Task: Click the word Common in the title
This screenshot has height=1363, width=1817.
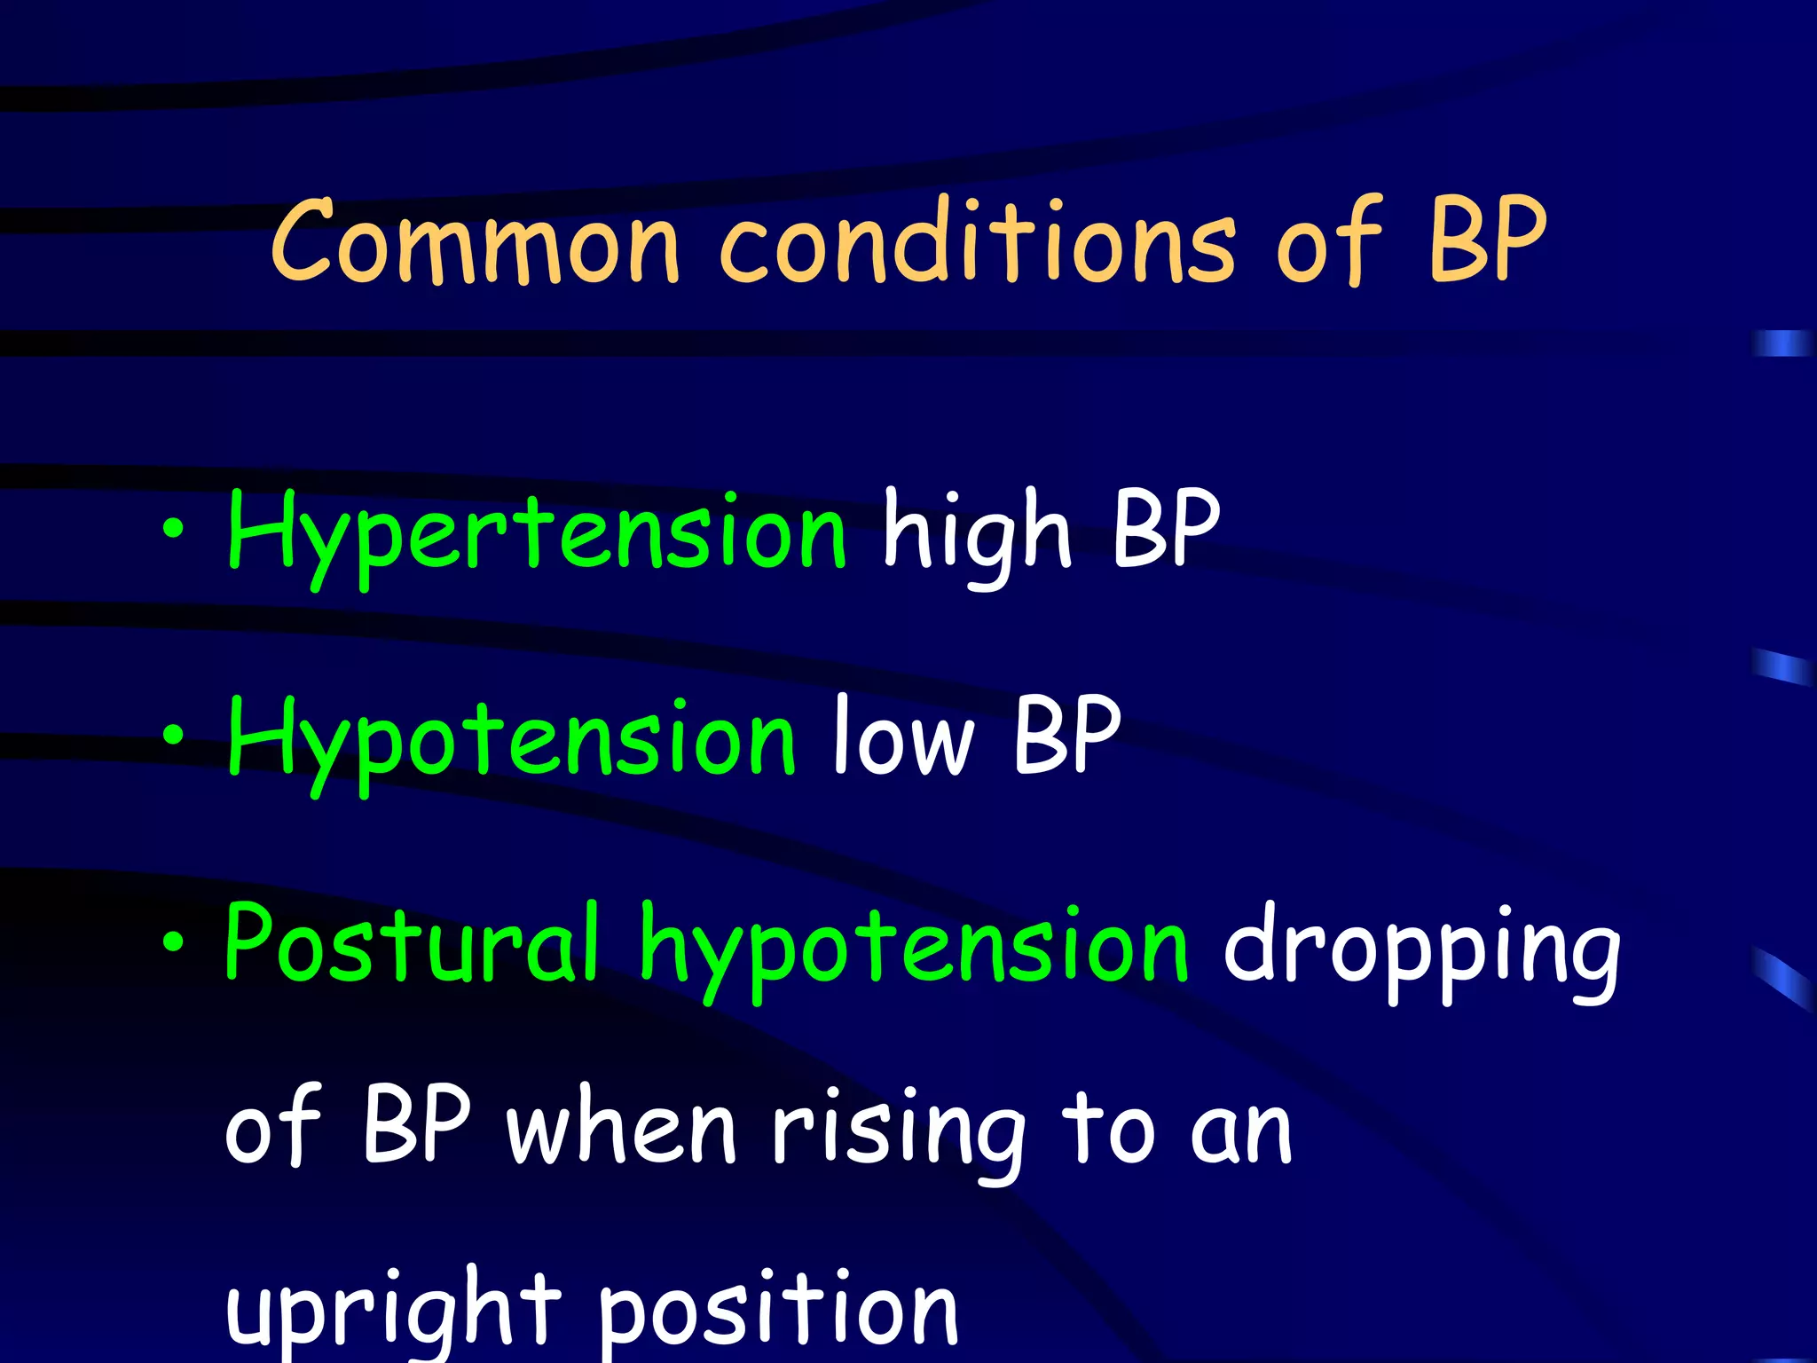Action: pyautogui.click(x=475, y=240)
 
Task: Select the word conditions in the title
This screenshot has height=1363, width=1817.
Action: pyautogui.click(x=977, y=240)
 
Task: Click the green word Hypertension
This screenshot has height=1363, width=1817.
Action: pyautogui.click(x=537, y=533)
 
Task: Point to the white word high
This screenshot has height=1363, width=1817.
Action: pyautogui.click(x=977, y=533)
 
